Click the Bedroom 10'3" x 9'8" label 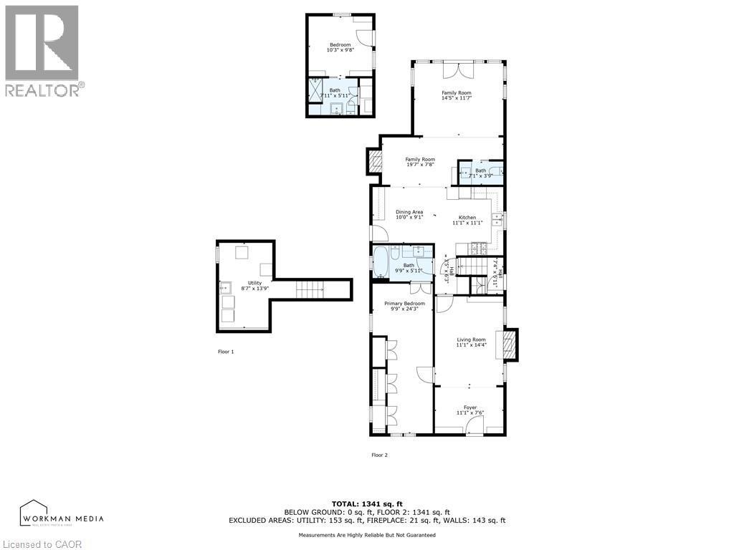(x=340, y=47)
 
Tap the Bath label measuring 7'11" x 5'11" (x=335, y=93)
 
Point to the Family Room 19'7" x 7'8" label (x=420, y=162)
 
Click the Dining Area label (x=409, y=214)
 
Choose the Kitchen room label (x=467, y=220)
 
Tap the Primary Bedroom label (x=404, y=306)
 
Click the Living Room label (x=471, y=342)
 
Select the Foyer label (x=471, y=410)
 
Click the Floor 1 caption (x=226, y=352)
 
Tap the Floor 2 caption (x=379, y=455)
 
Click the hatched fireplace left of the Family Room (x=375, y=161)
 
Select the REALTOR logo (x=43, y=51)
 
